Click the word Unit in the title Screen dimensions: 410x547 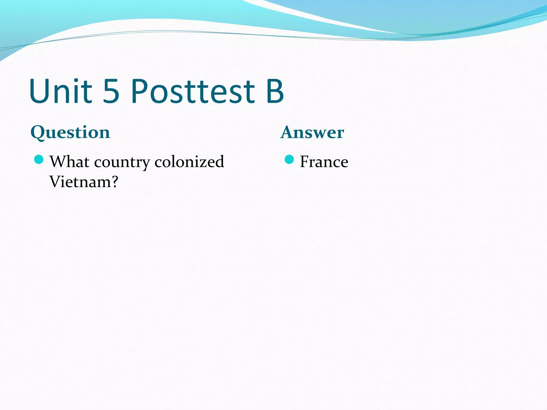pyautogui.click(x=61, y=91)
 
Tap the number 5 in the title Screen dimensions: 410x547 pyautogui.click(x=111, y=91)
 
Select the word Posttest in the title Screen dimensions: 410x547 pyautogui.click(x=193, y=91)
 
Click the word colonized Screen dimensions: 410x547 pyautogui.click(x=189, y=162)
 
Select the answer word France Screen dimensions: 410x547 pyautogui.click(x=324, y=162)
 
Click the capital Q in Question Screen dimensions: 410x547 pyautogui.click(x=38, y=133)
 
